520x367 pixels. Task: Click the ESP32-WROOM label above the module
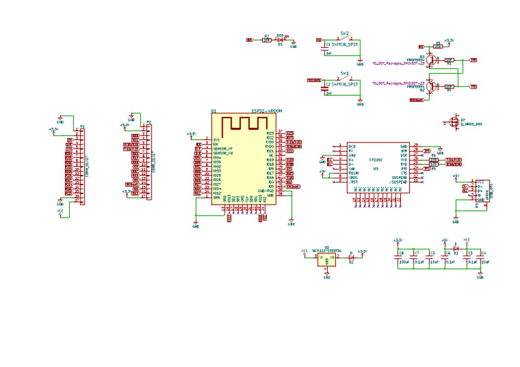coord(266,111)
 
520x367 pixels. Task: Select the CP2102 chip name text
coord(375,160)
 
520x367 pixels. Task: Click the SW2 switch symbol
coord(345,39)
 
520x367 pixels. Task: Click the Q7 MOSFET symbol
coord(450,122)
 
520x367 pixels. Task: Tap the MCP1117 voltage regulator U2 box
coord(326,259)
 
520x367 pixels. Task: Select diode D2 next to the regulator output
coord(351,258)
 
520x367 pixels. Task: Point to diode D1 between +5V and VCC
coord(456,249)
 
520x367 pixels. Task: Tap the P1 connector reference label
coord(83,126)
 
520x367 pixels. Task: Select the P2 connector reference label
coord(149,122)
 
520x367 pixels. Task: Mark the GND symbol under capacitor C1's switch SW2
coord(360,62)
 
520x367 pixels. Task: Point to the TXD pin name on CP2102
coord(404,159)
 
